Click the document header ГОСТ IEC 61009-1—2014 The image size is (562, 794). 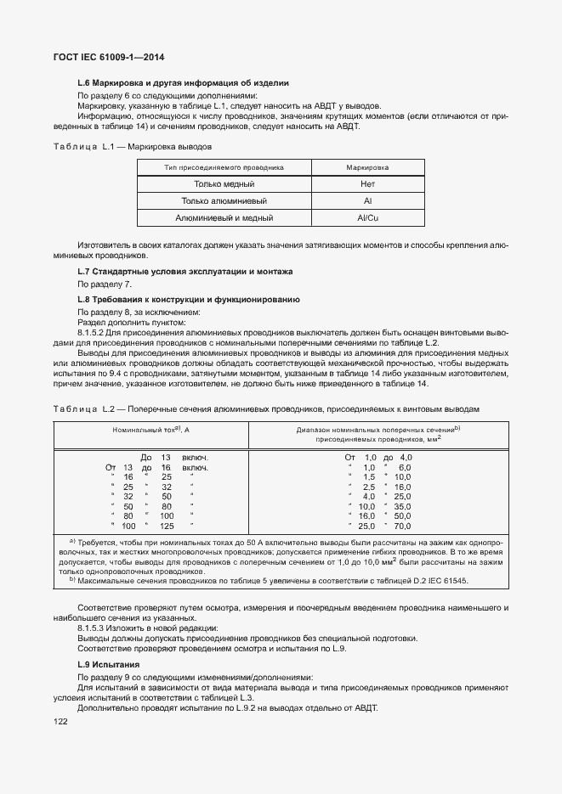tap(108, 57)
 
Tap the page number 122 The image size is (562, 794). tap(61, 721)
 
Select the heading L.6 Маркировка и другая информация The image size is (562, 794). tap(183, 83)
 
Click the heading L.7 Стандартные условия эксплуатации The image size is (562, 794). tap(184, 272)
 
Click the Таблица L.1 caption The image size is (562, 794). tap(138, 147)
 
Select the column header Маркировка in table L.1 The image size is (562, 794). tap(367, 168)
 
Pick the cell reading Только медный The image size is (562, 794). tap(224, 184)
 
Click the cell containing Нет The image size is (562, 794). tap(367, 184)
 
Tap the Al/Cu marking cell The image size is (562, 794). tap(367, 218)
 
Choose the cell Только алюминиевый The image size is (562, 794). tap(224, 201)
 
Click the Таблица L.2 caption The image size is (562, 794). tap(266, 408)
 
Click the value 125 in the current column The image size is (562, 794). tap(166, 527)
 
